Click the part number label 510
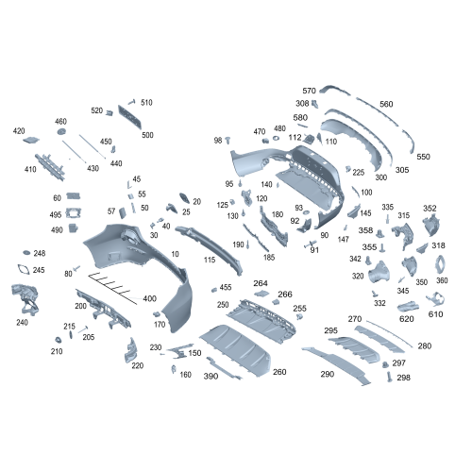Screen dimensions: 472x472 (x=146, y=102)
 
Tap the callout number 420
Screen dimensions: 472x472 (x=19, y=131)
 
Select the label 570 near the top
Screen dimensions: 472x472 (x=309, y=91)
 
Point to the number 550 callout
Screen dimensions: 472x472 (x=423, y=157)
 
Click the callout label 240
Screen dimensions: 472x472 (x=22, y=322)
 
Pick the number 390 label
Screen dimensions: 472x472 (x=211, y=376)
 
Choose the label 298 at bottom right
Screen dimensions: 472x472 (x=403, y=378)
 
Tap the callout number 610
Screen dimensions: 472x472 (x=435, y=313)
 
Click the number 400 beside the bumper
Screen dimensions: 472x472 (x=149, y=298)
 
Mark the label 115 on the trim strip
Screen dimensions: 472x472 (x=209, y=260)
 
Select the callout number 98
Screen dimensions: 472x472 (x=218, y=140)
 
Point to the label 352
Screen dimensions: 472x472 (x=430, y=209)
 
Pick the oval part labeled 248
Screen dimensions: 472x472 (x=25, y=254)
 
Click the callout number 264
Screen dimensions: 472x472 (x=260, y=283)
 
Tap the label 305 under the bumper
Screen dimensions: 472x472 (x=402, y=170)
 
